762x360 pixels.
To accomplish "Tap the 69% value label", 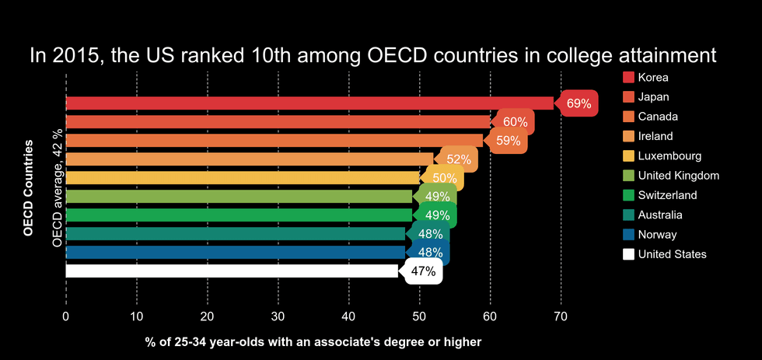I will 578,103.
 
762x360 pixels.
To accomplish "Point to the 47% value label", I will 423,271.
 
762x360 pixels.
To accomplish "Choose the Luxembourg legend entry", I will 669,156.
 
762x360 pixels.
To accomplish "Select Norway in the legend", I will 657,234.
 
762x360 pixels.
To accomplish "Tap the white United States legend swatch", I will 630,254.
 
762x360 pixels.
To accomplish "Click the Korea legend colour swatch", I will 630,77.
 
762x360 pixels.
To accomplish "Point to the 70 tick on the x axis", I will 561,316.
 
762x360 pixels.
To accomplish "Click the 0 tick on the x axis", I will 66,316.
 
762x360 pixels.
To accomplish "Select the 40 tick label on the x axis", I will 348,316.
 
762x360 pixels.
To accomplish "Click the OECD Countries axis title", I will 29,187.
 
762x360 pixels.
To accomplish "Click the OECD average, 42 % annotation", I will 57,187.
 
